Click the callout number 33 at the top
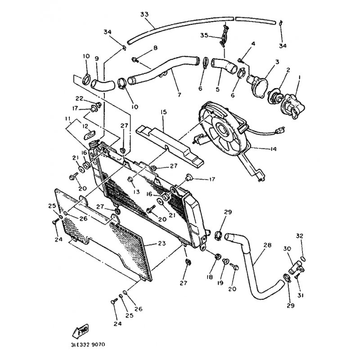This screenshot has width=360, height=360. point(144,14)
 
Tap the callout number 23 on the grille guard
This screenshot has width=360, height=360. point(162,243)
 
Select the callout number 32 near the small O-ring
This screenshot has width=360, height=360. point(300,236)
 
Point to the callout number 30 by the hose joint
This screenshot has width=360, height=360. point(287,248)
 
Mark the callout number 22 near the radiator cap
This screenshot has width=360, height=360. point(79,99)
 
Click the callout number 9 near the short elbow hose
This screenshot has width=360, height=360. point(96,58)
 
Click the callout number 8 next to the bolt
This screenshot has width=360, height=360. point(155,48)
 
